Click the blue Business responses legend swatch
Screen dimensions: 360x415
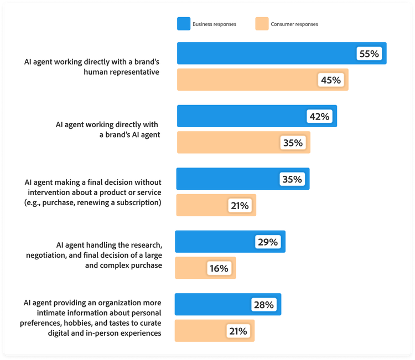point(183,24)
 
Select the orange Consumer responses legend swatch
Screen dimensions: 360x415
point(261,24)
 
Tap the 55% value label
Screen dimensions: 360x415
point(369,54)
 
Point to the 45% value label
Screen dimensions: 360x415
point(331,80)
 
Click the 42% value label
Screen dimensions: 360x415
point(319,116)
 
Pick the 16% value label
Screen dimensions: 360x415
point(219,268)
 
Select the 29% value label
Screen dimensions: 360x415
point(268,242)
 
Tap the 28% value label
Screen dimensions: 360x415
point(264,305)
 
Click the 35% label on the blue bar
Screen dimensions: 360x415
point(292,179)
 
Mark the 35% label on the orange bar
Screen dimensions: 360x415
point(293,143)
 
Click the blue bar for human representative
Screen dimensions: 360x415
point(266,54)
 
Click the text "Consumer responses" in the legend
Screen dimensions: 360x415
point(294,24)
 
